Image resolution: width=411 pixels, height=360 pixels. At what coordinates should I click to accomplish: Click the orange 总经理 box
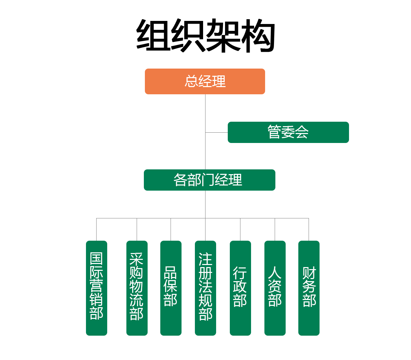point(205,82)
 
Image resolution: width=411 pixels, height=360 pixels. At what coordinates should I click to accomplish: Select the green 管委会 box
point(288,132)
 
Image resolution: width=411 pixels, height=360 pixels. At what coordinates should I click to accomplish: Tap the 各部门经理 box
point(209,180)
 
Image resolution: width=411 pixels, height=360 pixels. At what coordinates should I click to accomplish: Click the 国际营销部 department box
point(97,288)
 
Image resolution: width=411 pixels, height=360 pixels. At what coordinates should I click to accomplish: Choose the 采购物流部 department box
point(137,288)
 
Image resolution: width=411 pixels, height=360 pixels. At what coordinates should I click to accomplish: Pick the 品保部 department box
point(171,288)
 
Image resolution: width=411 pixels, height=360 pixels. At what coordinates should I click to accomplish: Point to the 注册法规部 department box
point(205,288)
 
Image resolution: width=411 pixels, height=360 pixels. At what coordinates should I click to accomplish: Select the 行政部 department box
point(240,288)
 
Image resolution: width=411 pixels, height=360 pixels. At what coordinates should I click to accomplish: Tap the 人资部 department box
point(275,288)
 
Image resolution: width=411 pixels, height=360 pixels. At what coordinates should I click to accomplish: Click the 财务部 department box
point(309,288)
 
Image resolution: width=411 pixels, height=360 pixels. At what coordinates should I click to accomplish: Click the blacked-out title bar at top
point(206,36)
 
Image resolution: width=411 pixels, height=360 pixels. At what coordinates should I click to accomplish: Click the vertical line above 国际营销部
point(96,229)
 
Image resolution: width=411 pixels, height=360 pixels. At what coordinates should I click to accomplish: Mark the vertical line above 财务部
point(309,229)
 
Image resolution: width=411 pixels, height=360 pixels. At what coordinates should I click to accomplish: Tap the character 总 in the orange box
point(191,82)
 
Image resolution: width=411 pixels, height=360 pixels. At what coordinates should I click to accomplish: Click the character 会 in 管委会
point(302,132)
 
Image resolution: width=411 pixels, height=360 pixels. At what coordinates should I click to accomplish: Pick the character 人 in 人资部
point(275,273)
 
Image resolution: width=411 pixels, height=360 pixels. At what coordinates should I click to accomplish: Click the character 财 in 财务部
point(309,273)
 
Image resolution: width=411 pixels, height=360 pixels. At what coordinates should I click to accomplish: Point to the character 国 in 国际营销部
point(97,259)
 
